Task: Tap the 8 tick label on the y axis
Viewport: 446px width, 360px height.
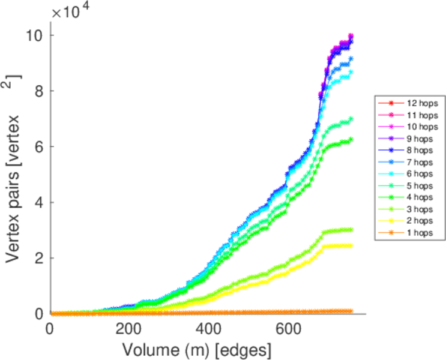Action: pos(38,91)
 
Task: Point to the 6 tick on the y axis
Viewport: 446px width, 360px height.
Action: pos(38,147)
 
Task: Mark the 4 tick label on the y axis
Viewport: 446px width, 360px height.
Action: pos(38,202)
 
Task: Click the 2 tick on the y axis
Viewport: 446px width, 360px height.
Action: pos(38,258)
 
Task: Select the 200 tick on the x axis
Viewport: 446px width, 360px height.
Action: pos(129,329)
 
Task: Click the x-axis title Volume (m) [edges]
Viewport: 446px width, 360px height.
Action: pos(197,349)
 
